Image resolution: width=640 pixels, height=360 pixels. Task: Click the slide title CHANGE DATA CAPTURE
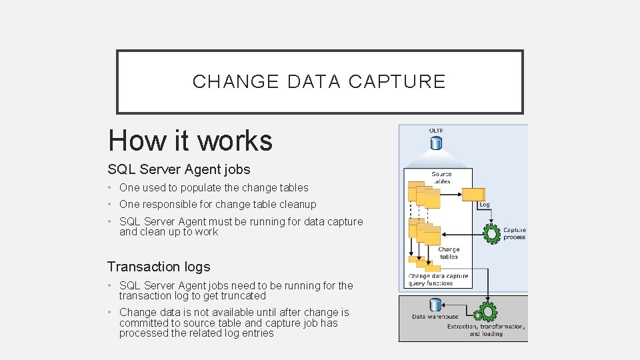coord(319,81)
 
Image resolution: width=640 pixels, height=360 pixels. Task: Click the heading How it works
coord(190,141)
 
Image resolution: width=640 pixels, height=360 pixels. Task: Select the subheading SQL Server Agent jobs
coord(179,169)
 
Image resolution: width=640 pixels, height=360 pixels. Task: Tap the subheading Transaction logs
coord(158,267)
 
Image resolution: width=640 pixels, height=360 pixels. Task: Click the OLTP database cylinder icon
coord(436,143)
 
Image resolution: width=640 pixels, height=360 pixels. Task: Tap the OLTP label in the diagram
coord(436,131)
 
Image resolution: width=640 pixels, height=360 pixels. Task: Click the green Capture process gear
coord(492,233)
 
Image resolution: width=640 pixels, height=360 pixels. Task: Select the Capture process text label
coord(514,233)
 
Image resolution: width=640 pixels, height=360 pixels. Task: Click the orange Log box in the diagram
coord(473,195)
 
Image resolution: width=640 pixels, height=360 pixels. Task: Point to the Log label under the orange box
coord(484,205)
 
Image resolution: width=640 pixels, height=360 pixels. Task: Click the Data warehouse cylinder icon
coord(435,305)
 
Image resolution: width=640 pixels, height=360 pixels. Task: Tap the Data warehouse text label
coord(435,317)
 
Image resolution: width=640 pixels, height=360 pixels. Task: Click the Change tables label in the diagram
coord(449,253)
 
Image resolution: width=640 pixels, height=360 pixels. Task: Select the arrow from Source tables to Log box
coord(452,195)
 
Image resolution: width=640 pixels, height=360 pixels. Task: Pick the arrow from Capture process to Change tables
coord(461,234)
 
